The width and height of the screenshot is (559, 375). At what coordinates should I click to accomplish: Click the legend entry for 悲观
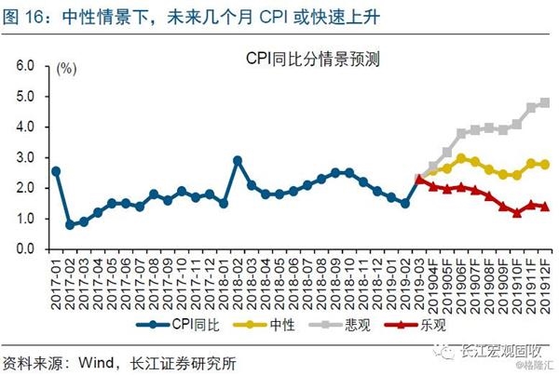[x=336, y=326]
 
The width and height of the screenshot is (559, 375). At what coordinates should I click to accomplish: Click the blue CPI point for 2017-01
[x=56, y=171]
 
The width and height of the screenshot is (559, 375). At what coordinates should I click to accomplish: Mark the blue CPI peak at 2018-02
[x=238, y=160]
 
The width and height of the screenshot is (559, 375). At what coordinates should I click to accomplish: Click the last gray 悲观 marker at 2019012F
[x=544, y=102]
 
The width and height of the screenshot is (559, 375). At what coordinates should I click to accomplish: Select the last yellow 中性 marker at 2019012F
[x=544, y=165]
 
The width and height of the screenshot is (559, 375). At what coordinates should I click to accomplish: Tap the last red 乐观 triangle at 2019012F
[x=544, y=207]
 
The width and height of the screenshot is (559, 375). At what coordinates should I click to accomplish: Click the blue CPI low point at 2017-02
[x=70, y=225]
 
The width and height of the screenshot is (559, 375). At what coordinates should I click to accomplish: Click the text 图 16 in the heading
[x=22, y=16]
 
